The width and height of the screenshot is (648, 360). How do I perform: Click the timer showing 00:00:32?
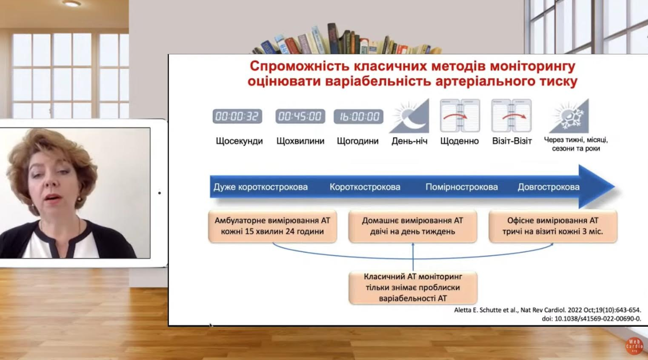coord(237,116)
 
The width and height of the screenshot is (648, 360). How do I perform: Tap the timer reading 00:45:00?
coord(300,116)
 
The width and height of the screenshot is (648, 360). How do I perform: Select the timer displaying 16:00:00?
coord(358,116)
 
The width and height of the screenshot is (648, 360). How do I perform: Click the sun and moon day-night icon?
coord(409,116)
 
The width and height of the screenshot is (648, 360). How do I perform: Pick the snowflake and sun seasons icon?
coord(569,116)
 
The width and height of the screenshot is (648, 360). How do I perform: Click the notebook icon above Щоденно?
coord(460,115)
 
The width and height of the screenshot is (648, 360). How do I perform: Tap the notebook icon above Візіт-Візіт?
coord(512,115)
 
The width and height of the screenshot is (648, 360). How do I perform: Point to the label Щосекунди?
coord(239,142)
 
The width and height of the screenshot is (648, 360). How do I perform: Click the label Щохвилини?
coord(300,141)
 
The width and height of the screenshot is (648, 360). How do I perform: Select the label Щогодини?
coord(357,142)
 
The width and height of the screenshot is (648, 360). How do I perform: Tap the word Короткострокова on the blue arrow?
coord(365,187)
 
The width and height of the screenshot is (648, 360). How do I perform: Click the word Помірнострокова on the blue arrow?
coord(461,187)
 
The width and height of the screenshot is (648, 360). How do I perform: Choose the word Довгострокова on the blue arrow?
coord(548,187)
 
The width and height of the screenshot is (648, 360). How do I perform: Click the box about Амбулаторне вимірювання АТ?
coord(272,226)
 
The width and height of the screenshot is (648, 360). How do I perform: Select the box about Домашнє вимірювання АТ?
coord(413,226)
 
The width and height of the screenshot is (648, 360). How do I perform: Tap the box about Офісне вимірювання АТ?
coord(553,226)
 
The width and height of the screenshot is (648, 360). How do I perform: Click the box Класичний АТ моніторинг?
coord(413,288)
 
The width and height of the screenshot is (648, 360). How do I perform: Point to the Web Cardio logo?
coord(634,346)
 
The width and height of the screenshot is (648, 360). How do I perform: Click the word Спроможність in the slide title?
coord(300,67)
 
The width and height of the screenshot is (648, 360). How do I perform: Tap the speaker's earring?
coord(79,199)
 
